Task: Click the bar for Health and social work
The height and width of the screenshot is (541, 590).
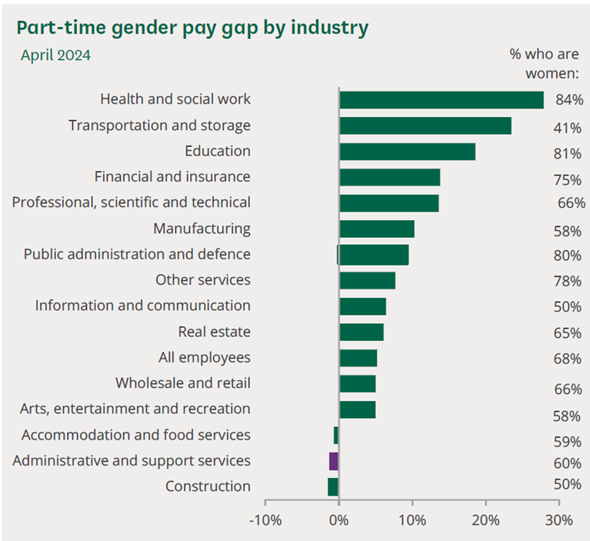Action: (x=442, y=100)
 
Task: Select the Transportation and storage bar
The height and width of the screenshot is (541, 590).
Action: (x=425, y=125)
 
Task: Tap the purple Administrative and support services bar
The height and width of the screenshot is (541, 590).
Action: (x=334, y=461)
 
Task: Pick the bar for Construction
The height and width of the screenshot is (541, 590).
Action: (x=333, y=487)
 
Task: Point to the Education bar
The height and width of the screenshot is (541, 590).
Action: (x=407, y=152)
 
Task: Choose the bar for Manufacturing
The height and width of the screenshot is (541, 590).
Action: (x=377, y=229)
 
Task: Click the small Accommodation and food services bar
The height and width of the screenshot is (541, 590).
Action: (x=336, y=436)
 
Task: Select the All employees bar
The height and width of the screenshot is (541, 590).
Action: (x=358, y=358)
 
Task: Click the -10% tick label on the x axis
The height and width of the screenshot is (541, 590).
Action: (x=265, y=520)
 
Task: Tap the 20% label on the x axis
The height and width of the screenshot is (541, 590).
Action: (x=486, y=520)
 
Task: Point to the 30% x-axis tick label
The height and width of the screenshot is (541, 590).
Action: (x=559, y=520)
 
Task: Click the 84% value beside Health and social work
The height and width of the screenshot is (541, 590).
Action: (x=569, y=100)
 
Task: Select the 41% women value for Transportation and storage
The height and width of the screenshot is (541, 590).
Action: (x=567, y=129)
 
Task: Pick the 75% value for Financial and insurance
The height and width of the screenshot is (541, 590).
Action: (x=567, y=180)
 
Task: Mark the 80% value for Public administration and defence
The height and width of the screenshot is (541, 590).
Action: (x=567, y=256)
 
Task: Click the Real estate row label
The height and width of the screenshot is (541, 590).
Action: (x=214, y=332)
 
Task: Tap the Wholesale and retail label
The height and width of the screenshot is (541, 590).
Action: (x=183, y=383)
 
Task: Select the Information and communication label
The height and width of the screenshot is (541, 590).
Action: (x=142, y=306)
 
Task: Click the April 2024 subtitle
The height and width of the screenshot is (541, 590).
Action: (x=55, y=55)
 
